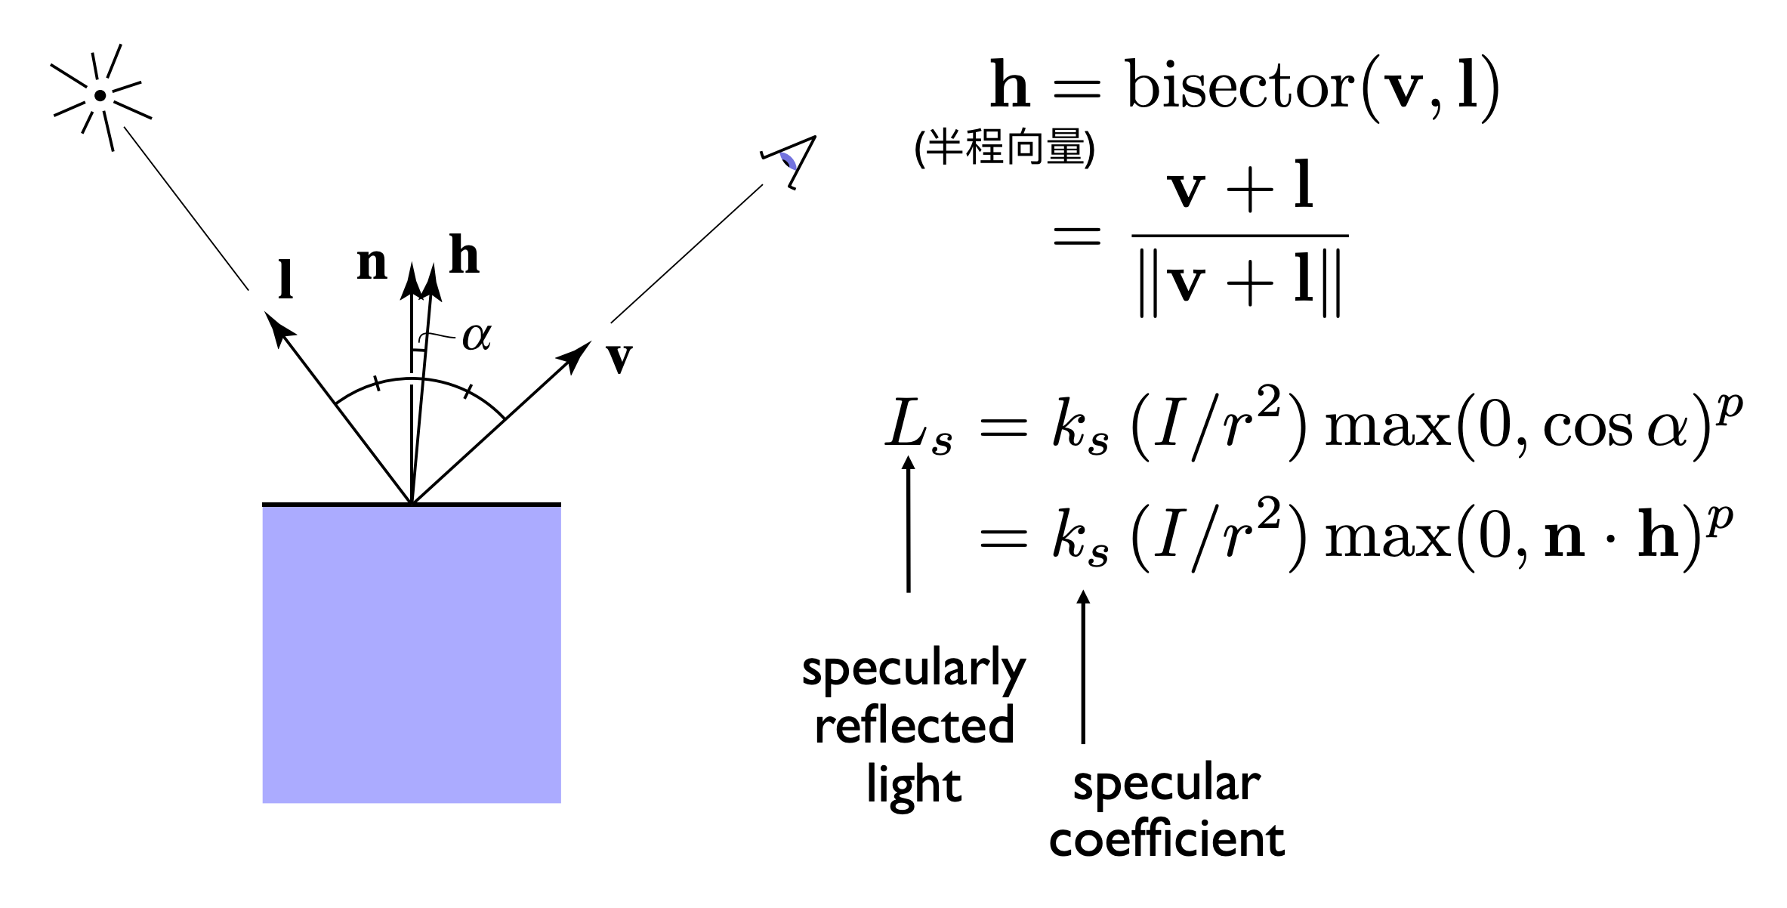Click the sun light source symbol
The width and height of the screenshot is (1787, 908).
100,97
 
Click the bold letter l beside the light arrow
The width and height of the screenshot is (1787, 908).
285,280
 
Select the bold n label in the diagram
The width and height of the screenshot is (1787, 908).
372,264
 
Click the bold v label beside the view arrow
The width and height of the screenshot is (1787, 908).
619,358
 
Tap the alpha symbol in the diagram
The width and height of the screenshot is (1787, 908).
477,336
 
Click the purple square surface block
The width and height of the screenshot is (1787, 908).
412,653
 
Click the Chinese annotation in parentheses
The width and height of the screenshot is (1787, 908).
1005,147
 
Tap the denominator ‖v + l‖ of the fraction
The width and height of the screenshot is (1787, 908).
1240,283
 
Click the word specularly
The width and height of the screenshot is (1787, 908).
914,669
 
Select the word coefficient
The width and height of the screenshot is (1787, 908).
1167,839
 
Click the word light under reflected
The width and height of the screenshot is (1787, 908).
914,785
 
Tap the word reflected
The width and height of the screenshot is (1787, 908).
914,725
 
